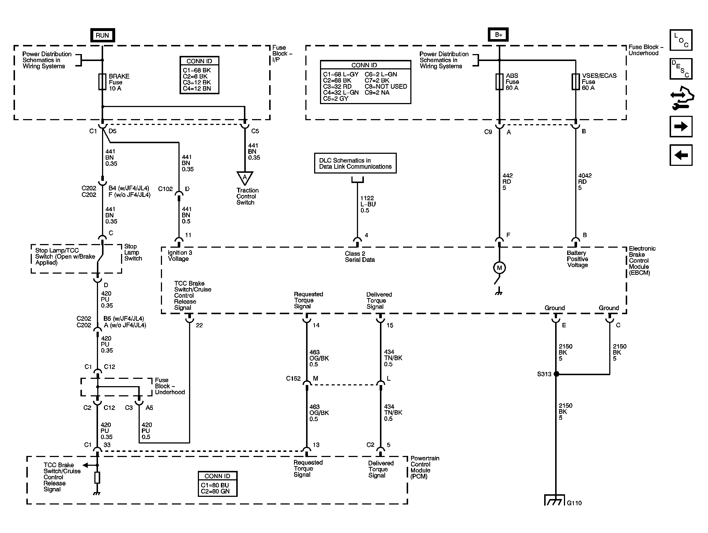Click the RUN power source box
pyautogui.click(x=102, y=35)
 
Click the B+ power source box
pyautogui.click(x=498, y=35)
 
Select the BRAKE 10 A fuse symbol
pyautogui.click(x=102, y=82)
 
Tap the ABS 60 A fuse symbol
pyautogui.click(x=499, y=82)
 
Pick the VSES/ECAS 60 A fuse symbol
pyautogui.click(x=575, y=82)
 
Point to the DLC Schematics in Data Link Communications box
pyautogui.click(x=355, y=163)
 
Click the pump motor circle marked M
pyautogui.click(x=499, y=268)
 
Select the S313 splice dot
pyautogui.click(x=556, y=374)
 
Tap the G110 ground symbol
pyautogui.click(x=555, y=500)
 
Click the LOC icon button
pyautogui.click(x=681, y=40)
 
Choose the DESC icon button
pyautogui.click(x=681, y=69)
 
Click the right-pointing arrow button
pyautogui.click(x=681, y=126)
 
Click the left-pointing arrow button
pyautogui.click(x=681, y=155)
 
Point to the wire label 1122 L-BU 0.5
pyautogui.click(x=368, y=204)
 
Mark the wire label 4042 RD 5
pyautogui.click(x=585, y=182)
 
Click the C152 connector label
pyautogui.click(x=293, y=378)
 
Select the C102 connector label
pyautogui.click(x=165, y=189)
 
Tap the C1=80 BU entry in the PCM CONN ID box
pyautogui.click(x=215, y=485)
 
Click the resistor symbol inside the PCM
pyautogui.click(x=97, y=477)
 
